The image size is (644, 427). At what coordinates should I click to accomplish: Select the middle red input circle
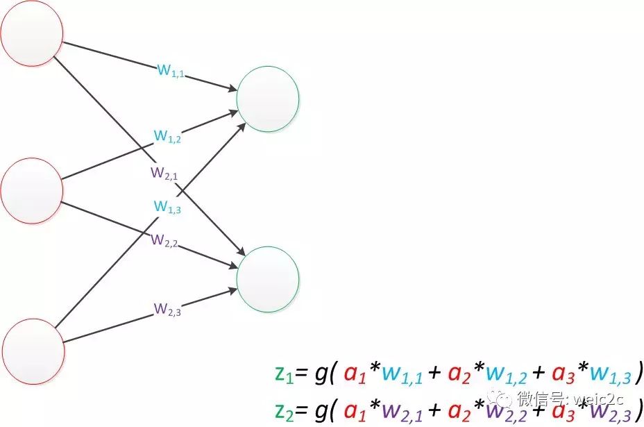(x=32, y=190)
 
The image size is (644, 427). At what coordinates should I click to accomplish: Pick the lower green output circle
(x=268, y=278)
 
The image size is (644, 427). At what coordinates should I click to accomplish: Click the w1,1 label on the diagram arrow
(x=171, y=69)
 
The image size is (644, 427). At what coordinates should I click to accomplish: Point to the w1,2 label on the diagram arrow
(x=168, y=137)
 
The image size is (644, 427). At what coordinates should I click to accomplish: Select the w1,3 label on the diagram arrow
(x=167, y=206)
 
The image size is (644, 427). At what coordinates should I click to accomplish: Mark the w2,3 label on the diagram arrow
(x=168, y=309)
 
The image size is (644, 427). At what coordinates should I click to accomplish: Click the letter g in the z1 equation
(x=321, y=373)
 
